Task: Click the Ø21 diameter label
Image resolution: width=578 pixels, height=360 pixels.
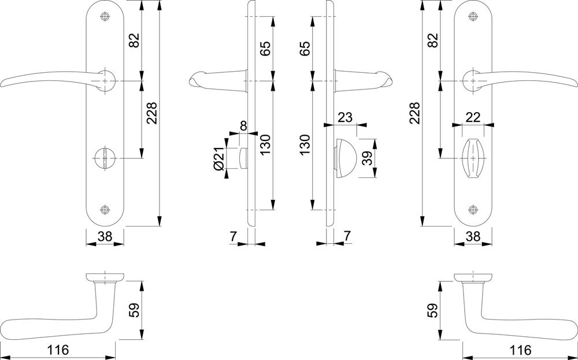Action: click(218, 158)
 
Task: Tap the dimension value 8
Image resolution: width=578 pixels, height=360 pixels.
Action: click(243, 125)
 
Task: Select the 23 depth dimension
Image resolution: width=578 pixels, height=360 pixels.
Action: click(345, 117)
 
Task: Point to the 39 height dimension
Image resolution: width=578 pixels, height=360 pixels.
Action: click(367, 158)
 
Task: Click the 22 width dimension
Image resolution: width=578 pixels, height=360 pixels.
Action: click(473, 117)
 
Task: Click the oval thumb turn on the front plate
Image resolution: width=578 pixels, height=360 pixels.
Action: click(473, 158)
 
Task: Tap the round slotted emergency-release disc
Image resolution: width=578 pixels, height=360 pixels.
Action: click(105, 158)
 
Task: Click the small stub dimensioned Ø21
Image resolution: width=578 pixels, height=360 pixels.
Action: click(243, 158)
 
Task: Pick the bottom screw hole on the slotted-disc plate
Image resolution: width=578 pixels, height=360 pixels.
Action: click(105, 210)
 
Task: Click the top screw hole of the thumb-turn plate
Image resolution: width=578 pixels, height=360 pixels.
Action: click(473, 16)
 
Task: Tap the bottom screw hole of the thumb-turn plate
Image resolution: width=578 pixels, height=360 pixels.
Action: click(473, 210)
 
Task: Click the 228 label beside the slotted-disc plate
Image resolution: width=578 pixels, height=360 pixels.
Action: click(152, 113)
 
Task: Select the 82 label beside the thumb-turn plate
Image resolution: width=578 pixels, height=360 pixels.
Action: click(432, 40)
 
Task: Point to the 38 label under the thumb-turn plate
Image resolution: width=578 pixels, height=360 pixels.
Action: click(473, 236)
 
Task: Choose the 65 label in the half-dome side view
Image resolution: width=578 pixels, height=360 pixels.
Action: click(305, 49)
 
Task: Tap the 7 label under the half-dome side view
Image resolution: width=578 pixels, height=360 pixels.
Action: click(347, 236)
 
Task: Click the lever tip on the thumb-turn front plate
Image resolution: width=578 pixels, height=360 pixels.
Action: click(576, 84)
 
